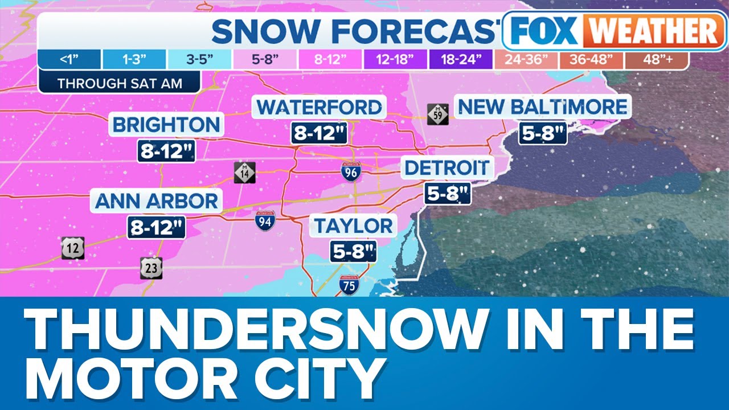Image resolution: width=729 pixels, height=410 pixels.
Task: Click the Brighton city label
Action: point(166,125)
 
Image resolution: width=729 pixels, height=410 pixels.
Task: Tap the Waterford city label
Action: point(320,107)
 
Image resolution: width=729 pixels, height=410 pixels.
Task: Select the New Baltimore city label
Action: point(542,106)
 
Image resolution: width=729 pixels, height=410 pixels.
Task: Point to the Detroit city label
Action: point(447,168)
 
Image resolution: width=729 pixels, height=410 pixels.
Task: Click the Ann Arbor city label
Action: point(157,201)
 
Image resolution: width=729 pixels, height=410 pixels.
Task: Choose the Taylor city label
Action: point(354,226)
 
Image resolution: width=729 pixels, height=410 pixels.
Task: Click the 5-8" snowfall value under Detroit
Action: point(448,194)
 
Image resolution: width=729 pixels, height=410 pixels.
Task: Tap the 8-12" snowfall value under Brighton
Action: point(166,151)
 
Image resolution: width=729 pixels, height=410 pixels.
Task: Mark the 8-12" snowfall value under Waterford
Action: point(320,133)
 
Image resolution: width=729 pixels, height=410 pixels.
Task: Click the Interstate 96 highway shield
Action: point(350,171)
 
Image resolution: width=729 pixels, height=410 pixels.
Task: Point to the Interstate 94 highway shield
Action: point(265,220)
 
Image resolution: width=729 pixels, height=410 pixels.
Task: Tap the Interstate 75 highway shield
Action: point(349,284)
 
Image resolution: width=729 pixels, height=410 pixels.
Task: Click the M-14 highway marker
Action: point(244,173)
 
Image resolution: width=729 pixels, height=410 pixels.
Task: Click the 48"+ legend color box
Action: point(656,59)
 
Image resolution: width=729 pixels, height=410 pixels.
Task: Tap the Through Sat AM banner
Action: point(120,83)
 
